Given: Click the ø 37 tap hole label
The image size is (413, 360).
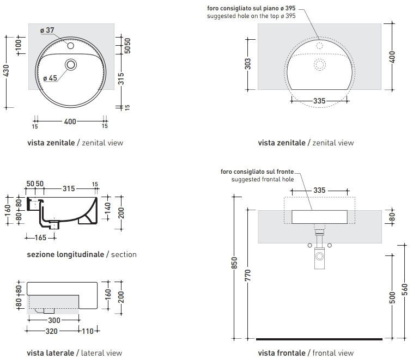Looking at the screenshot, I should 47,30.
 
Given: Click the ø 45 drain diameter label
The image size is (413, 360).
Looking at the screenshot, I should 50,78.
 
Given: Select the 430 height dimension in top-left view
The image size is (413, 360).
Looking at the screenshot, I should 6,71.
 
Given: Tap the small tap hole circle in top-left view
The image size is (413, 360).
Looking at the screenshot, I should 71,46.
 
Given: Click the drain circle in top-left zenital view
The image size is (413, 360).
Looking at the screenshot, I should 71,65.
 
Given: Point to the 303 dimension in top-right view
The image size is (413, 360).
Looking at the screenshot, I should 248,63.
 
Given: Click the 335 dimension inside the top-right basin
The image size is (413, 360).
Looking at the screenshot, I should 320,101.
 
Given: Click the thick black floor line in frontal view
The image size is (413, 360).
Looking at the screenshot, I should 319,339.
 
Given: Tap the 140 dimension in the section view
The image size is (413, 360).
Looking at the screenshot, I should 107,207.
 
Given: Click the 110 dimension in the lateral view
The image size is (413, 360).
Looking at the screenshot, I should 89,331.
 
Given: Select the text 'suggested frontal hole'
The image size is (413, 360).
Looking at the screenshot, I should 262,179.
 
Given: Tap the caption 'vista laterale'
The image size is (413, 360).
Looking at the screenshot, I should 50,353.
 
